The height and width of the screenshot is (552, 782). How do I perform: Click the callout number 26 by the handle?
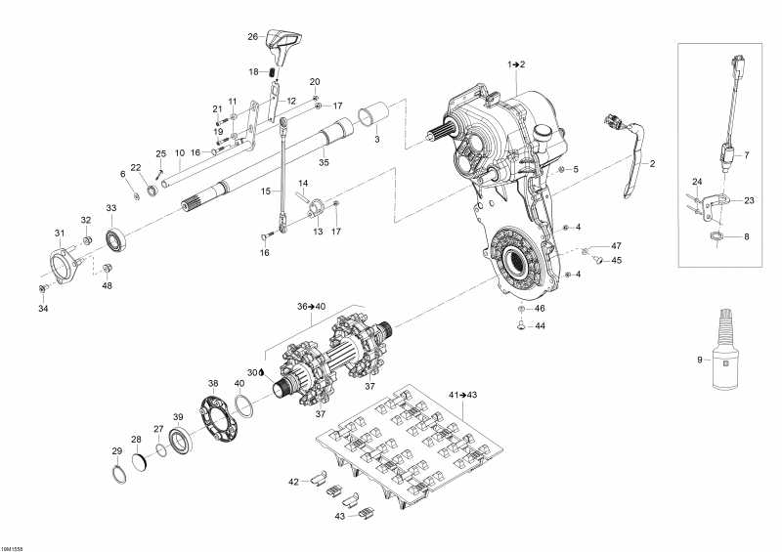(251, 37)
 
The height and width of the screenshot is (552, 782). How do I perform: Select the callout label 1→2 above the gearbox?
(515, 64)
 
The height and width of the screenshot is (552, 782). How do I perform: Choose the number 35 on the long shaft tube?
(324, 161)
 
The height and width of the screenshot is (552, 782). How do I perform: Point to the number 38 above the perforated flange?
(213, 383)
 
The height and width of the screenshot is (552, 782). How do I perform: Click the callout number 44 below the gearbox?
(540, 327)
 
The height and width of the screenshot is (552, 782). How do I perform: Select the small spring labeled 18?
(275, 71)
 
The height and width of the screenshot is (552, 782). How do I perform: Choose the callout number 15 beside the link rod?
(263, 192)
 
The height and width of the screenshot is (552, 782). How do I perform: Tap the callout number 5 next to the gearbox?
(576, 170)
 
